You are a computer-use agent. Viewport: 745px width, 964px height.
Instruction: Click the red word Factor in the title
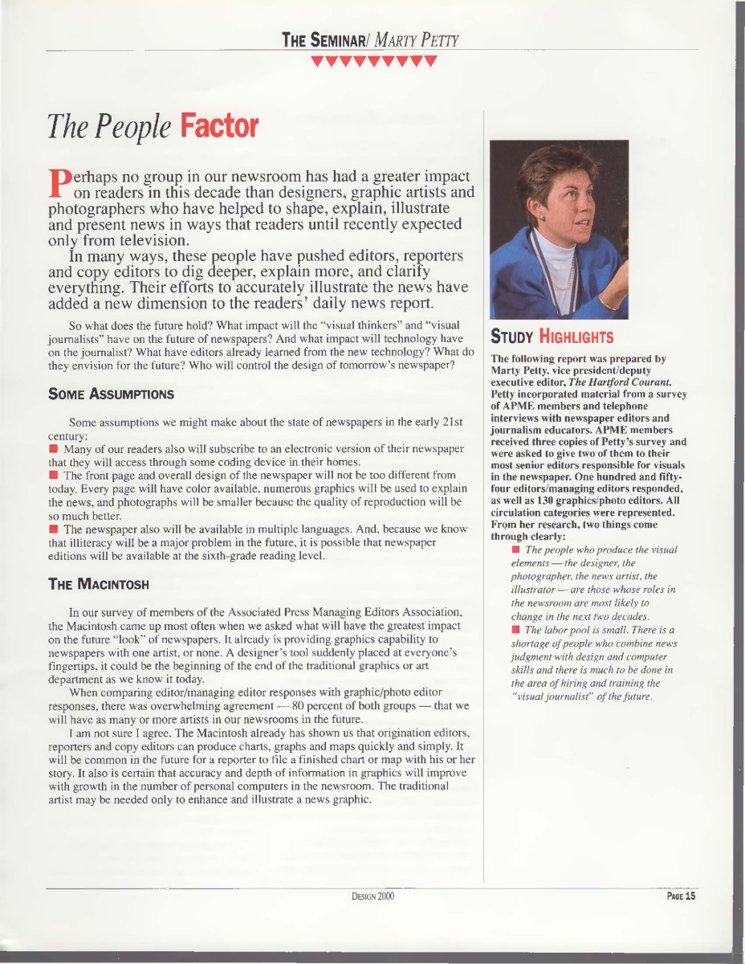219,126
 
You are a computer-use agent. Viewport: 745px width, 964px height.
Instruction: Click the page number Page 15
681,897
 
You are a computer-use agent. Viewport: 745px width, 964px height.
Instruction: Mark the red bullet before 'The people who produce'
515,549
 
